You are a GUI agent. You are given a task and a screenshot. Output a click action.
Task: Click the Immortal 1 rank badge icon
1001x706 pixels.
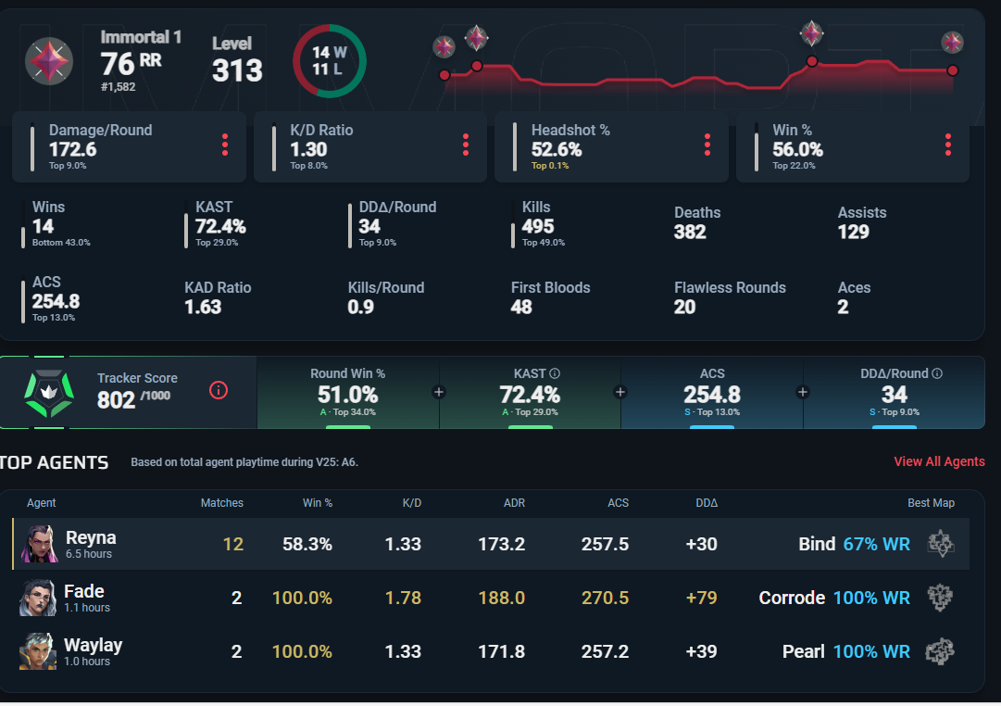[x=49, y=61]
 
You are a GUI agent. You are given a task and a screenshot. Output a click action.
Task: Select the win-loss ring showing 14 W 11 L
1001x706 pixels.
[x=329, y=61]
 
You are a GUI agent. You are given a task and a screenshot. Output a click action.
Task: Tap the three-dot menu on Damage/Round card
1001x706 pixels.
[x=224, y=145]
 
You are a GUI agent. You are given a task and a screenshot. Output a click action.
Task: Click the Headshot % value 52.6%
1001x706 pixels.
[x=557, y=149]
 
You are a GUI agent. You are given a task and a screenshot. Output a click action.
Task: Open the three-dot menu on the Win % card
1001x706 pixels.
[x=948, y=145]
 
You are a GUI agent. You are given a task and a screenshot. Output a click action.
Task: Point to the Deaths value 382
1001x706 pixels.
[x=690, y=232]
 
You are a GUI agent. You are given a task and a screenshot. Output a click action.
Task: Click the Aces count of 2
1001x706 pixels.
[x=843, y=307]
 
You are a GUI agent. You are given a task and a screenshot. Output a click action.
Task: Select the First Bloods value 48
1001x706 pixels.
[x=521, y=307]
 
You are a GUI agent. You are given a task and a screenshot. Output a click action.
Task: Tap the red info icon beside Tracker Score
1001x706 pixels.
[x=219, y=390]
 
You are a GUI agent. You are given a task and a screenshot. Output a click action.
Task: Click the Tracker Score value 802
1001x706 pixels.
[x=117, y=399]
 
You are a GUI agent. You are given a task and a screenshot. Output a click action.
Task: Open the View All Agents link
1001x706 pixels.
[x=939, y=461]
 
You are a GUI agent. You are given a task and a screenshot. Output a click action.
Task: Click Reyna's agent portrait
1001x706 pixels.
[x=37, y=544]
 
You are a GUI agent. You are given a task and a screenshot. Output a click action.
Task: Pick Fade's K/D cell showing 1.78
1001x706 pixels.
[x=403, y=598]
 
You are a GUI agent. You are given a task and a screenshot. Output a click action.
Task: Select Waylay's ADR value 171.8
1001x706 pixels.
[x=501, y=651]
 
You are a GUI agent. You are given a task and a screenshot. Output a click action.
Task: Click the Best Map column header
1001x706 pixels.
[x=931, y=503]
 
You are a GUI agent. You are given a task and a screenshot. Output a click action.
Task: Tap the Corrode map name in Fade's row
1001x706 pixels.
[x=792, y=598]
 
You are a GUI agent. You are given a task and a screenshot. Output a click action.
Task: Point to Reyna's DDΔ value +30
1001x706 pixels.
[x=701, y=544]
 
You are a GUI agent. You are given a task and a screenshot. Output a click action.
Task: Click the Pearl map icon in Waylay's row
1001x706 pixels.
[x=940, y=651]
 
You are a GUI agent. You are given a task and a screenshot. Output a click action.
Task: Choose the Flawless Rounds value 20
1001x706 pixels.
[x=684, y=307]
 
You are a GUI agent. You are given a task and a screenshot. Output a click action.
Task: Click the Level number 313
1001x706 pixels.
[x=237, y=70]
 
